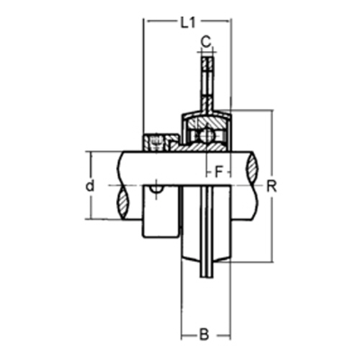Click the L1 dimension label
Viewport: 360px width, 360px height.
[x=188, y=22]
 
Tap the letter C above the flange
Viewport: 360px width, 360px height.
[x=206, y=40]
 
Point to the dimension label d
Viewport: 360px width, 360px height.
[x=89, y=186]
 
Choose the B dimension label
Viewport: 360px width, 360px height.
[x=204, y=335]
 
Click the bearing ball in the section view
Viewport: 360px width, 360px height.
[x=206, y=136]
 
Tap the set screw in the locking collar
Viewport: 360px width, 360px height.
[x=157, y=140]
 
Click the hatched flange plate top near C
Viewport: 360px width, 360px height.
[x=207, y=72]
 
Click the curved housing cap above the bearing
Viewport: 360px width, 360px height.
[x=206, y=113]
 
